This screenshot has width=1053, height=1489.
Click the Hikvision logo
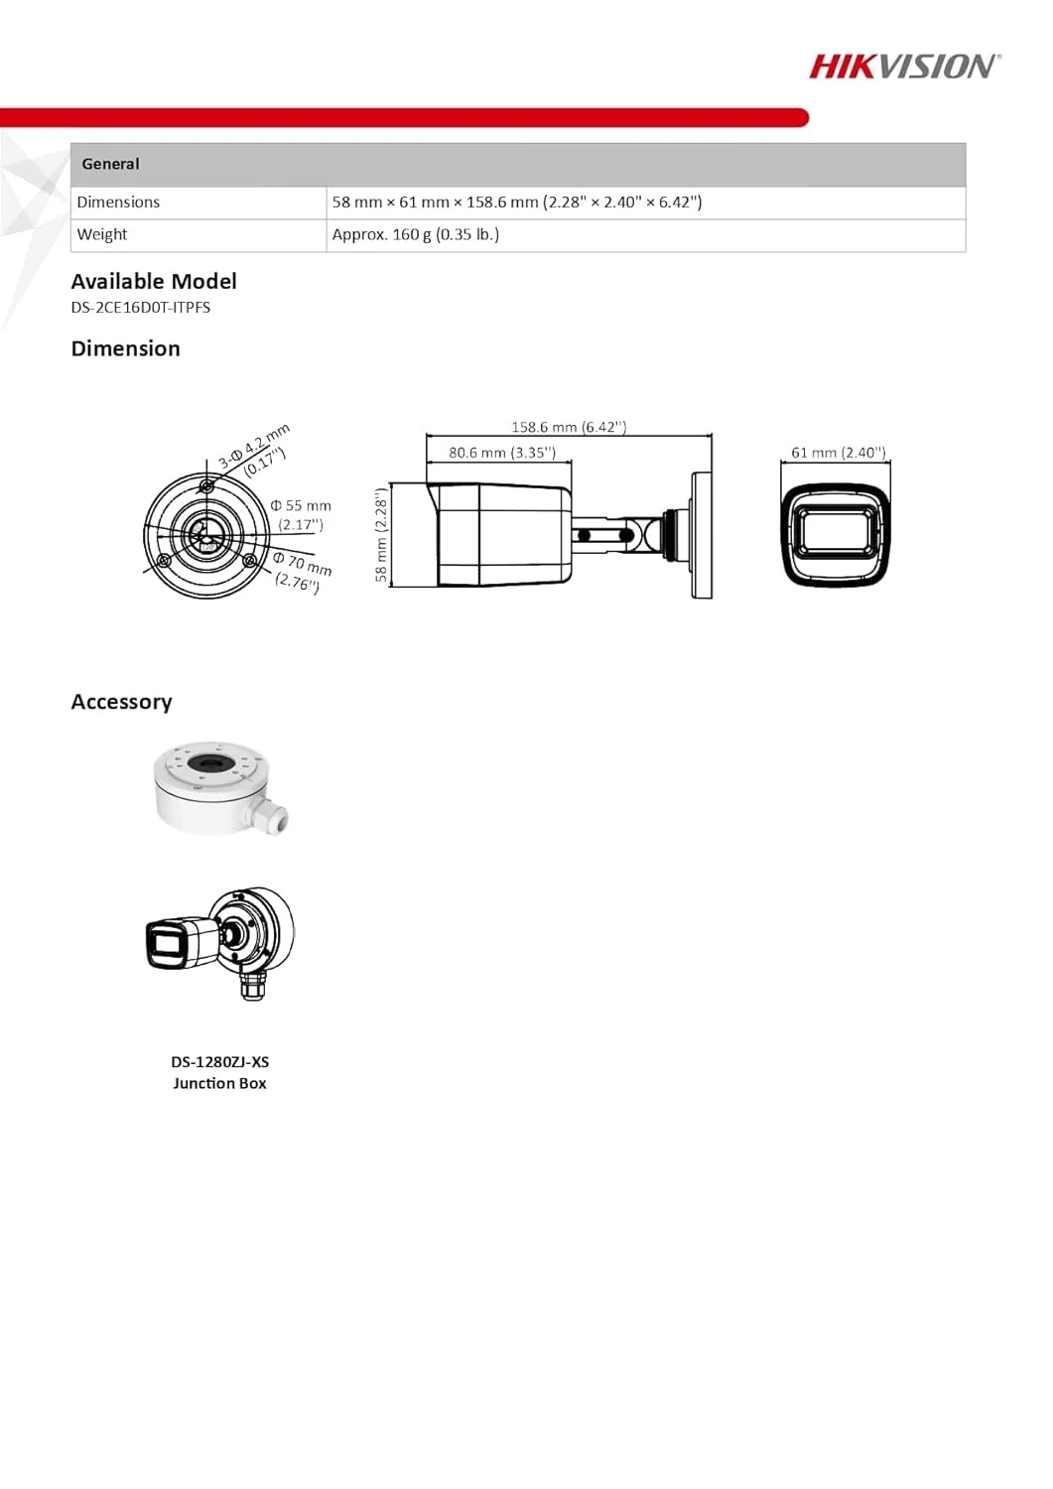(904, 67)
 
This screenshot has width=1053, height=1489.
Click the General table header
(110, 165)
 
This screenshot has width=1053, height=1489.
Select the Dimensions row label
(118, 203)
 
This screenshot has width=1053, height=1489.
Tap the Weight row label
(102, 235)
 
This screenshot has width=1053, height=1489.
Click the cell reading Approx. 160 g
(415, 235)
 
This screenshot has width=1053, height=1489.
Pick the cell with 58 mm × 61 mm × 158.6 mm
(516, 203)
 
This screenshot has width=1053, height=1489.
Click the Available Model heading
(154, 282)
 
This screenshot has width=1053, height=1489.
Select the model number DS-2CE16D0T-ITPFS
(140, 308)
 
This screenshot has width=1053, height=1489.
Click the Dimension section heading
(126, 349)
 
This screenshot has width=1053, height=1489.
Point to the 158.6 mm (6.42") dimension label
(569, 427)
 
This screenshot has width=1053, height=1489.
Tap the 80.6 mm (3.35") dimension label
(501, 453)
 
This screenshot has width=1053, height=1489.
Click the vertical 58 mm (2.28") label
(380, 535)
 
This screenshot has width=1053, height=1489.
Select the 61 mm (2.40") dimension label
(838, 453)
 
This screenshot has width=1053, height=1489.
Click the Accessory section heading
(122, 703)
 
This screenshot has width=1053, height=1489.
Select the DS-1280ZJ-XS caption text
(219, 1062)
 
